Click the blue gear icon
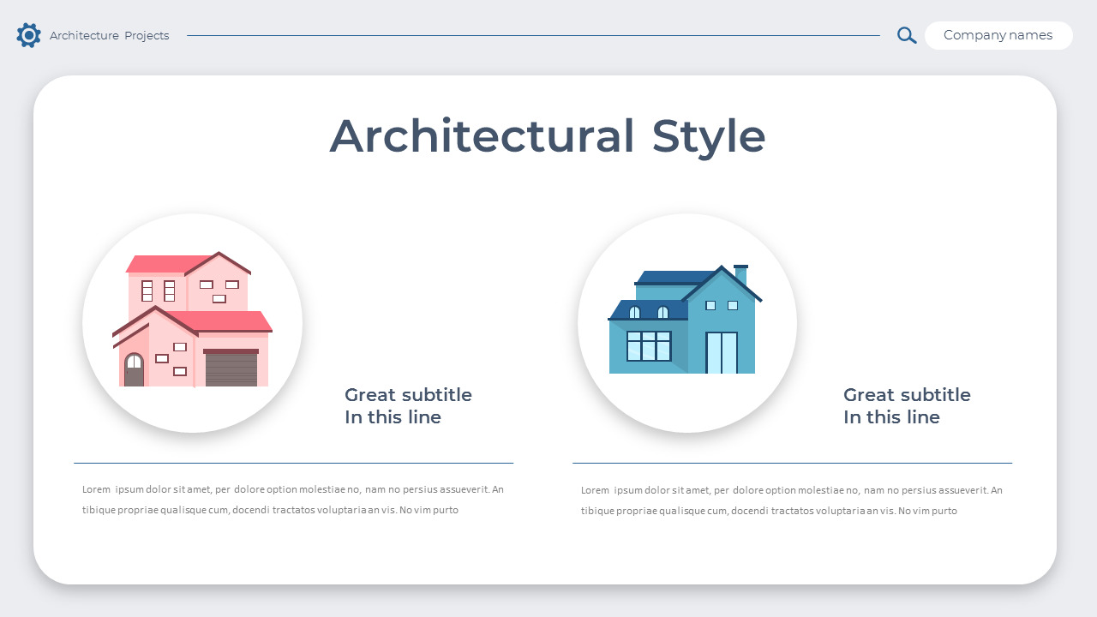pos(28,35)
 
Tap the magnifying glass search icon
pos(906,35)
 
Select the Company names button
pos(998,35)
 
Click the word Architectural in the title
pos(482,136)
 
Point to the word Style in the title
pos(708,136)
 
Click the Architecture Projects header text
pos(109,36)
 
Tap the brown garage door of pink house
pos(231,369)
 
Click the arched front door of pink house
pos(135,371)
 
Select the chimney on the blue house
pos(740,275)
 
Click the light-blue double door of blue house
pos(722,352)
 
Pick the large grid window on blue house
pos(649,346)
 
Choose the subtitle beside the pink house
pos(408,406)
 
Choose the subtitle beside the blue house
pos(907,406)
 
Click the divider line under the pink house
pos(293,463)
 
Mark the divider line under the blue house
pos(792,463)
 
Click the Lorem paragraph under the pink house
pos(293,500)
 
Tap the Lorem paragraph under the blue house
pos(792,500)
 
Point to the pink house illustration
pos(192,321)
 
